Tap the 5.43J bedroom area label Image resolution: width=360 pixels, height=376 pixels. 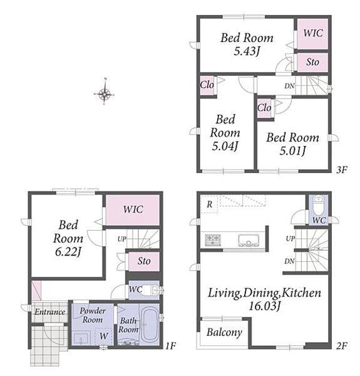(x=247, y=51)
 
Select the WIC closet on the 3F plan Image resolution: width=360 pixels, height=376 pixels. (x=312, y=34)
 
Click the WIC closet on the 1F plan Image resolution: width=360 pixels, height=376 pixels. (x=133, y=210)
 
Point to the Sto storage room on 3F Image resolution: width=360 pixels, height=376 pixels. (x=312, y=62)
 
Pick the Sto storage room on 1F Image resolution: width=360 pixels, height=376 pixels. (x=144, y=261)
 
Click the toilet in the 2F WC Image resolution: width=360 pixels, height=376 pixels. (x=318, y=206)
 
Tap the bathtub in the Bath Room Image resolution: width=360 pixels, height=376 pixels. (x=150, y=324)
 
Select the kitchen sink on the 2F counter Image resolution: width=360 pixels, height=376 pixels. (x=249, y=240)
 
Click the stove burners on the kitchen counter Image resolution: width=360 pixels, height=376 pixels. (x=213, y=240)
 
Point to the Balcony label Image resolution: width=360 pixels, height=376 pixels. (x=224, y=333)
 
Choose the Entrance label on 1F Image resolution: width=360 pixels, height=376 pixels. (x=50, y=311)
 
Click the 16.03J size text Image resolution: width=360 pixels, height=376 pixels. (x=264, y=306)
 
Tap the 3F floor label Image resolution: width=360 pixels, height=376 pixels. (x=342, y=170)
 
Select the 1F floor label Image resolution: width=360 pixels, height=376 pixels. (x=171, y=345)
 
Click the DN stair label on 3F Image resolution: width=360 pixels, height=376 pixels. (x=289, y=86)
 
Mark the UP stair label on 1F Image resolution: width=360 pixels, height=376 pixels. (x=122, y=239)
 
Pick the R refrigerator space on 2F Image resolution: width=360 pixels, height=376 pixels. (x=209, y=204)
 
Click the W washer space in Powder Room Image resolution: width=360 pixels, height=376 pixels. (x=104, y=336)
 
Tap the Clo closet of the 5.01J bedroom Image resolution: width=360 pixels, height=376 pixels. (x=265, y=108)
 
